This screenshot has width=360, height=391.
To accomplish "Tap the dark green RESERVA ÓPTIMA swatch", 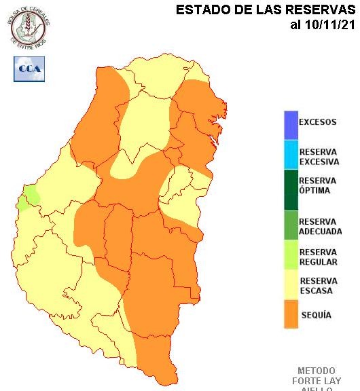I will point(291,189).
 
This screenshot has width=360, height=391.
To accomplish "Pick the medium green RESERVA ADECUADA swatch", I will point(291,225).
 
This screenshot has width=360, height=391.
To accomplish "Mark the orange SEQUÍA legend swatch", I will point(291,316).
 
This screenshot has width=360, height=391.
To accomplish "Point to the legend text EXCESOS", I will point(317,123).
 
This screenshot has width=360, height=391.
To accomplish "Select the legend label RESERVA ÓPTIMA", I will point(317,185).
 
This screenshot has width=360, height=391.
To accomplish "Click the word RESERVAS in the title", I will point(323,10).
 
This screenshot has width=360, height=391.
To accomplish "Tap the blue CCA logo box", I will point(29,69).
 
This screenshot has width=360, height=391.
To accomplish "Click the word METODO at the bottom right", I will point(317,371).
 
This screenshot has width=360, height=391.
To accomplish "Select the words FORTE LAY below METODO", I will point(317,381).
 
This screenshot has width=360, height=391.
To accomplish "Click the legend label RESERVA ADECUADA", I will point(319,226).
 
